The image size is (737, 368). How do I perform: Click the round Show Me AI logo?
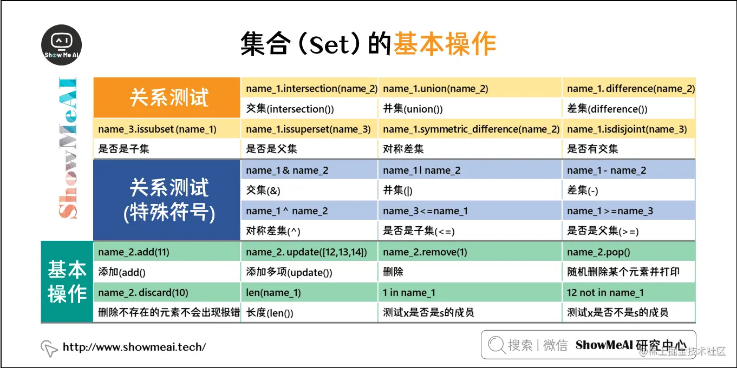pyautogui.click(x=62, y=45)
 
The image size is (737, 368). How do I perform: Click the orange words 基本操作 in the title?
pyautogui.click(x=444, y=44)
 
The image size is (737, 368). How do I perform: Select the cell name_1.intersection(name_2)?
pyautogui.click(x=311, y=88)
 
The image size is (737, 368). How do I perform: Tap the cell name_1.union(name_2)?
pyautogui.click(x=435, y=88)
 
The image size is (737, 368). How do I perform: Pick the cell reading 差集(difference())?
pyautogui.click(x=607, y=109)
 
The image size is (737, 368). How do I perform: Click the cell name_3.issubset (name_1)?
pyautogui.click(x=157, y=129)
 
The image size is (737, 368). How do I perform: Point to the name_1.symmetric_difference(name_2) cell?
pyautogui.click(x=471, y=129)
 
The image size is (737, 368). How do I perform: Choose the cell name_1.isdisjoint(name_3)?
pyautogui.click(x=627, y=129)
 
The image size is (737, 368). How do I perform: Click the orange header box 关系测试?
pyautogui.click(x=168, y=98)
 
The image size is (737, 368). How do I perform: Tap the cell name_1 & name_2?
pyautogui.click(x=287, y=170)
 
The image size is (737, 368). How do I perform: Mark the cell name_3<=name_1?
pyautogui.click(x=425, y=211)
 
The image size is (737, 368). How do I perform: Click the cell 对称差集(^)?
pyautogui.click(x=273, y=231)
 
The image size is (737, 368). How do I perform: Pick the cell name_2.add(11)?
pyautogui.click(x=134, y=252)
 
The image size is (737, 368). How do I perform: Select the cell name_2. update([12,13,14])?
pyautogui.click(x=306, y=252)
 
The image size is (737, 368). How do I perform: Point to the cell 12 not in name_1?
pyautogui.click(x=605, y=292)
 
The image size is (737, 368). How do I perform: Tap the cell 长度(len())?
pyautogui.click(x=270, y=312)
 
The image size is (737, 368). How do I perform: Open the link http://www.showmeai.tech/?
pyautogui.click(x=134, y=347)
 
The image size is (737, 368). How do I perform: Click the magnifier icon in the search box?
pyautogui.click(x=496, y=345)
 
